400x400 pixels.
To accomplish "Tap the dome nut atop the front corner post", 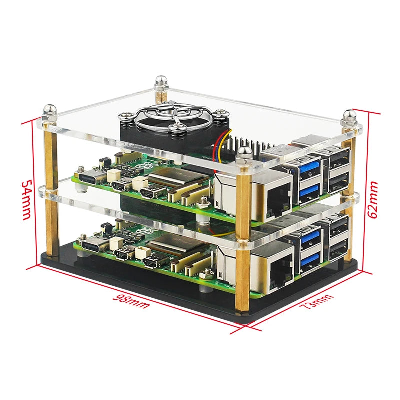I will [x=243, y=155].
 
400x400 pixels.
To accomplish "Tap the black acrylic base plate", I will [x=150, y=295].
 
